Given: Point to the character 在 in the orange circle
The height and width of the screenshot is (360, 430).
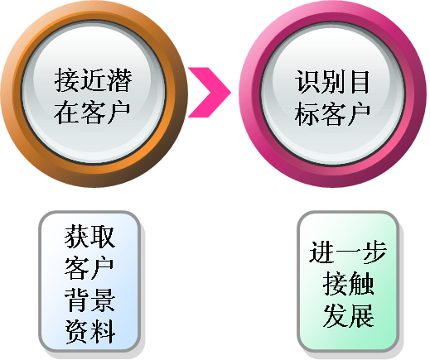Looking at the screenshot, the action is [x=66, y=112].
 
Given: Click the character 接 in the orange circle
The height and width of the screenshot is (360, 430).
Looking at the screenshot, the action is [x=67, y=80].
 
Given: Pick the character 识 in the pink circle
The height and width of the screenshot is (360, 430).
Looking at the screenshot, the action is [x=307, y=82].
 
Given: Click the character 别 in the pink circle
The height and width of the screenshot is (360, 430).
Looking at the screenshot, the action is [x=333, y=82].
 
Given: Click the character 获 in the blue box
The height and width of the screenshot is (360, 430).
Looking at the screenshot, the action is [x=76, y=237].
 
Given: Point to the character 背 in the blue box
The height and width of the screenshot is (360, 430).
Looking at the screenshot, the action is [x=76, y=300].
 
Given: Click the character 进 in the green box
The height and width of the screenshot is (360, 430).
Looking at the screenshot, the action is [x=321, y=252].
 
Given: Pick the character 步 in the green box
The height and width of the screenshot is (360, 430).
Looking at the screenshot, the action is [x=374, y=252].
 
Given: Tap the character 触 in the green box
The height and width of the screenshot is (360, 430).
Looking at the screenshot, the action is [x=361, y=284].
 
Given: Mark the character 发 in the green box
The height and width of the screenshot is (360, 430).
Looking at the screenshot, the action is [x=336, y=315].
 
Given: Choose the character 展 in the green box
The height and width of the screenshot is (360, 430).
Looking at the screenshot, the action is [x=361, y=315].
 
